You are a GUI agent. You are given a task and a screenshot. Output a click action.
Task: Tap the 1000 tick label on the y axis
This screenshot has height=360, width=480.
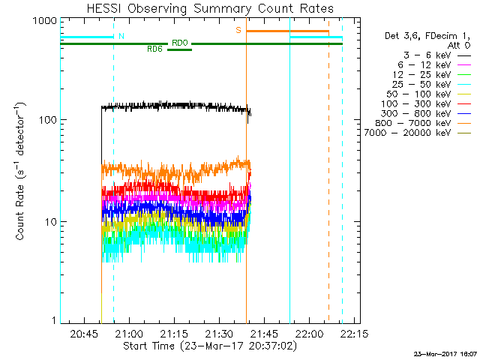click(43, 21)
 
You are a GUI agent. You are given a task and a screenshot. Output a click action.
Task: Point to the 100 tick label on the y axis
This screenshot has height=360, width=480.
click(46, 120)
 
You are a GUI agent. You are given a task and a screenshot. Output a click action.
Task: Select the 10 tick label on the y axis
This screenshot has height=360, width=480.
click(49, 222)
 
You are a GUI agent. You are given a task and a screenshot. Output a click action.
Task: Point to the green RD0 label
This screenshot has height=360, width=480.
click(179, 43)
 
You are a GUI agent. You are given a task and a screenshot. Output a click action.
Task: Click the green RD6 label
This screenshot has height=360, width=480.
click(154, 49)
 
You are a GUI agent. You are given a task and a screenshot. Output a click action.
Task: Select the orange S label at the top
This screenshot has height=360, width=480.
click(238, 30)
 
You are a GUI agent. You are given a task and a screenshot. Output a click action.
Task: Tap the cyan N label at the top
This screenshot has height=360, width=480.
click(121, 35)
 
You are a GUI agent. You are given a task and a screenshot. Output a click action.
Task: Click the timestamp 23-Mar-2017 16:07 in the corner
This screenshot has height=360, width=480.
click(446, 353)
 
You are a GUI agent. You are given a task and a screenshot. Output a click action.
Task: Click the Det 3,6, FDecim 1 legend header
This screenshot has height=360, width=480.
click(424, 36)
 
